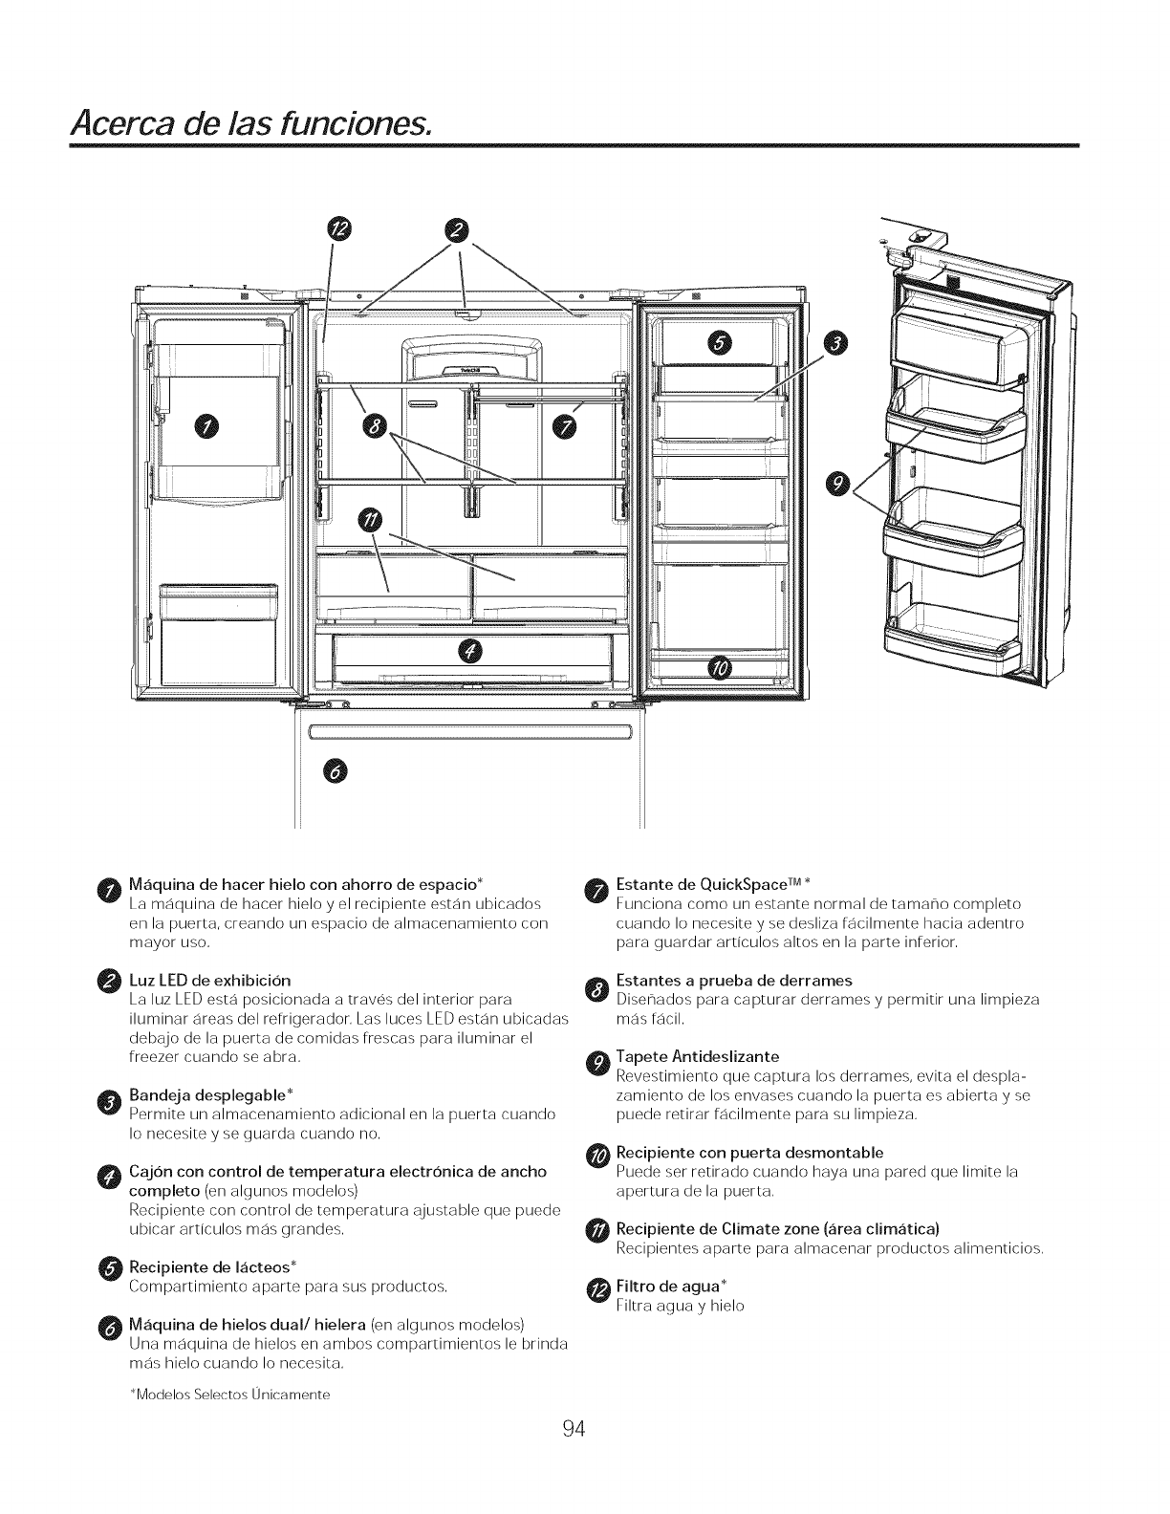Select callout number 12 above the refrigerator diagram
pyautogui.click(x=339, y=228)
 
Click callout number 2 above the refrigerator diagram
pyautogui.click(x=460, y=228)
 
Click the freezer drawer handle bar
pyautogui.click(x=471, y=733)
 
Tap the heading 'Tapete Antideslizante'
pyautogui.click(x=698, y=1056)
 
